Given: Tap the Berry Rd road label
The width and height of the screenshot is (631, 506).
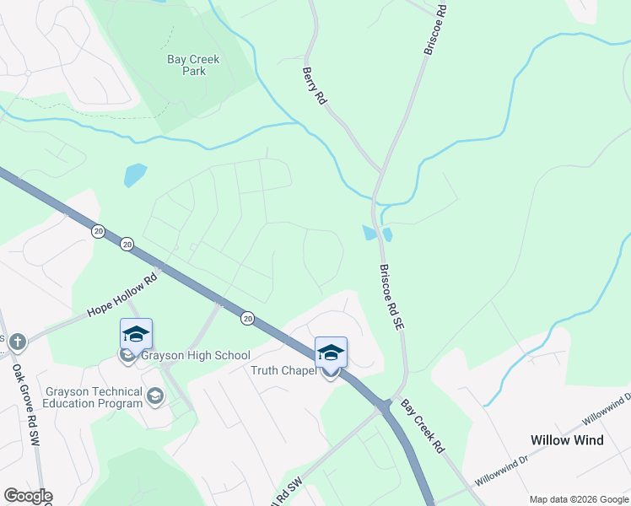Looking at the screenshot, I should [314, 87].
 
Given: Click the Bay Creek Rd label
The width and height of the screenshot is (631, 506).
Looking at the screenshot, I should [422, 427].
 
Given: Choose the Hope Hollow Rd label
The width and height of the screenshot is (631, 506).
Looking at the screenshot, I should [122, 294].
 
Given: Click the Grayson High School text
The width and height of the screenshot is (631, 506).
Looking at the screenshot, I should [195, 355].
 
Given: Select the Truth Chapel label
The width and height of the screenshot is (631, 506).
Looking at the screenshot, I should [283, 370].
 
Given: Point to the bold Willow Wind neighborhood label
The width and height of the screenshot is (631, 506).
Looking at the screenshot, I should [566, 440].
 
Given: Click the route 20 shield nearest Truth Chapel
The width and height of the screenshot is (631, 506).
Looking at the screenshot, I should [247, 318].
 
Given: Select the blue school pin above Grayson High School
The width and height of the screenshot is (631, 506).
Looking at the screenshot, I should [136, 334].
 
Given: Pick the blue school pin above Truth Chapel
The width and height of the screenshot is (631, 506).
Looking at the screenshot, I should [331, 353].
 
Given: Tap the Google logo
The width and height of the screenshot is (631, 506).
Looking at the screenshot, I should [28, 496].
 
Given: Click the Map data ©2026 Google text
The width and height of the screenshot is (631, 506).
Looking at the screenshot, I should [578, 499].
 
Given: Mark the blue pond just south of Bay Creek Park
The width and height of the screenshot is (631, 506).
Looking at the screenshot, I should [134, 175].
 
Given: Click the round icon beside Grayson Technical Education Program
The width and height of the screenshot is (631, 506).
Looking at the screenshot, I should [154, 396].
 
